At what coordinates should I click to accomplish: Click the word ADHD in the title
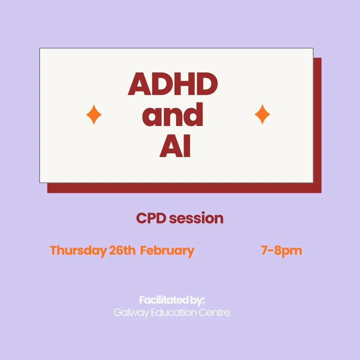coord(173,84)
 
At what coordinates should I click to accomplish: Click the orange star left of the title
coord(94,114)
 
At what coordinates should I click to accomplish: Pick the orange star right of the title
coord(262,114)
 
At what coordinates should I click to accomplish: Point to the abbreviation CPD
coord(151,219)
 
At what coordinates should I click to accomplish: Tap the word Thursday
coord(78,250)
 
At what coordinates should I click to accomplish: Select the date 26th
coord(122,250)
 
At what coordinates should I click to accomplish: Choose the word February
coord(167,251)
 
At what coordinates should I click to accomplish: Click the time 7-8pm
coord(282,250)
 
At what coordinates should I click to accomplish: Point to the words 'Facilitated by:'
coord(172,300)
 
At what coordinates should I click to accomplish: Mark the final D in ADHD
coord(206,84)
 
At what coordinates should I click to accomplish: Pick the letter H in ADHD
coord(185,84)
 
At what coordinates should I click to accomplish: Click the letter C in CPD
coord(141,219)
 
